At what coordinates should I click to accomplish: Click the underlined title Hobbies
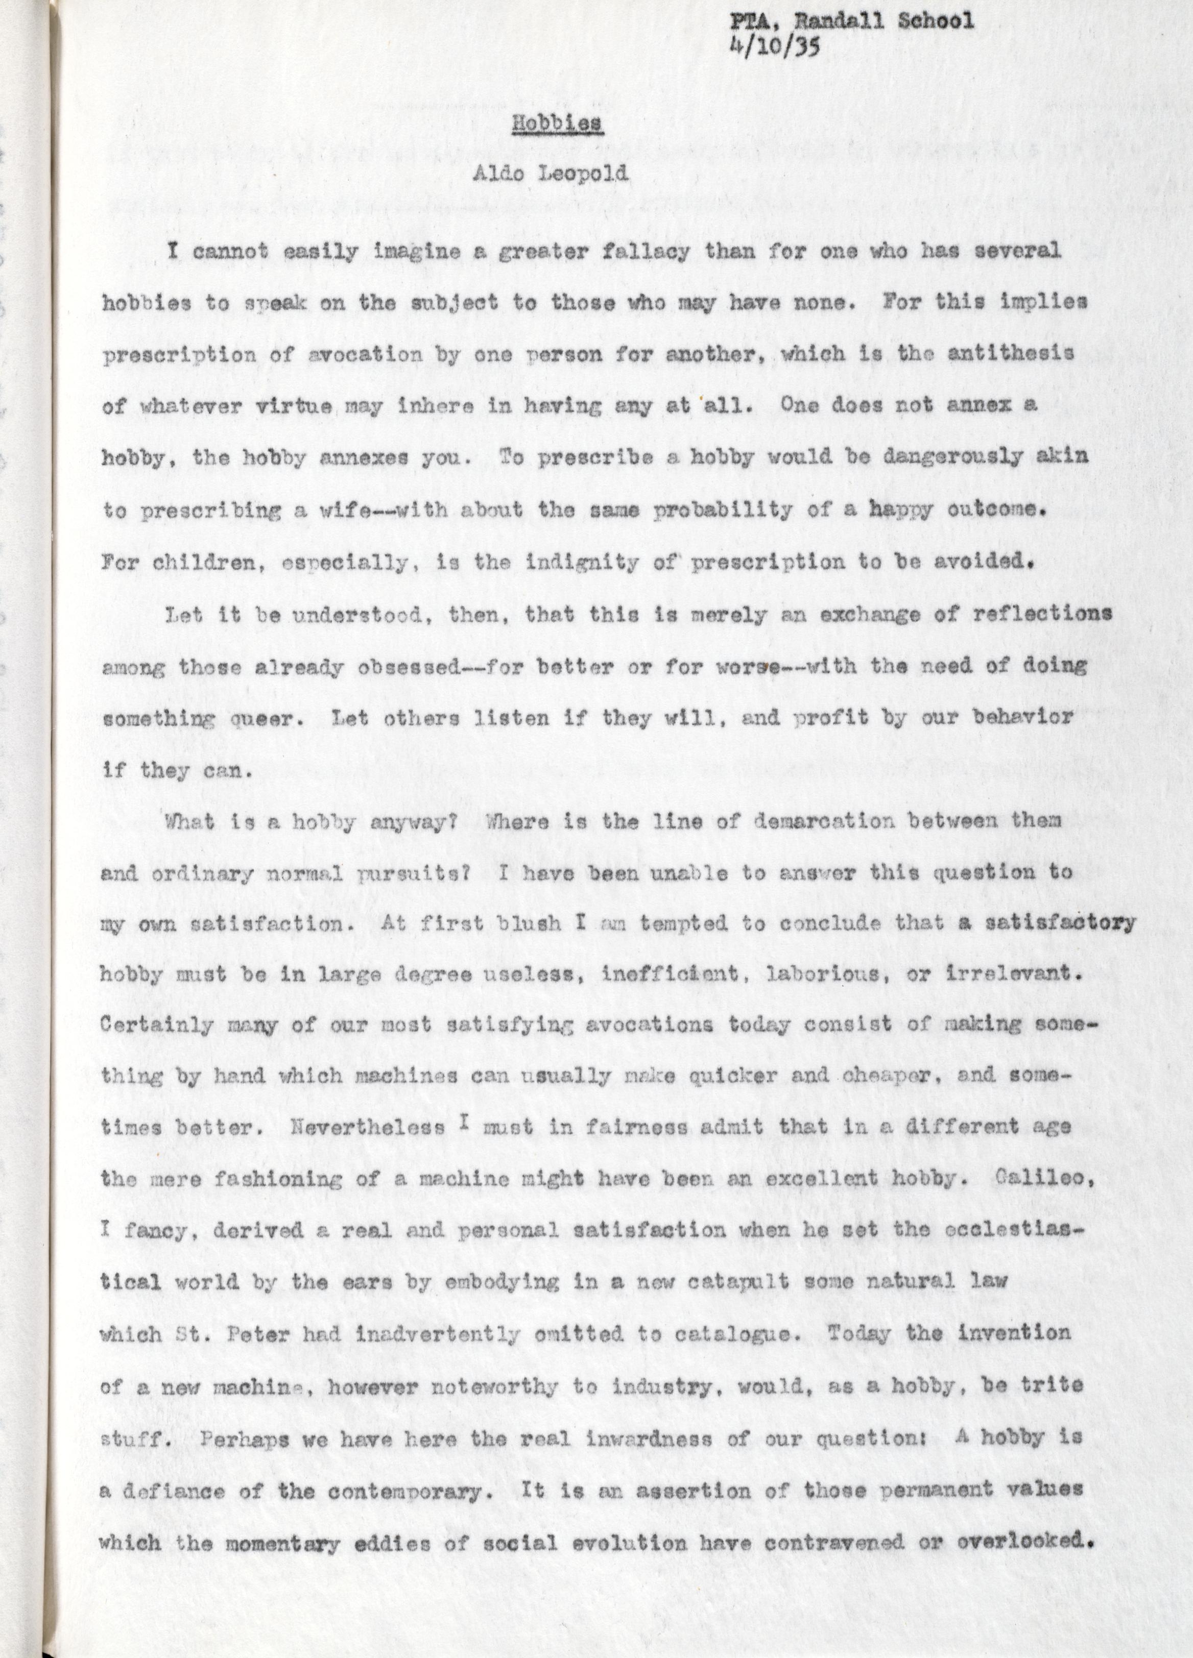557,123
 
